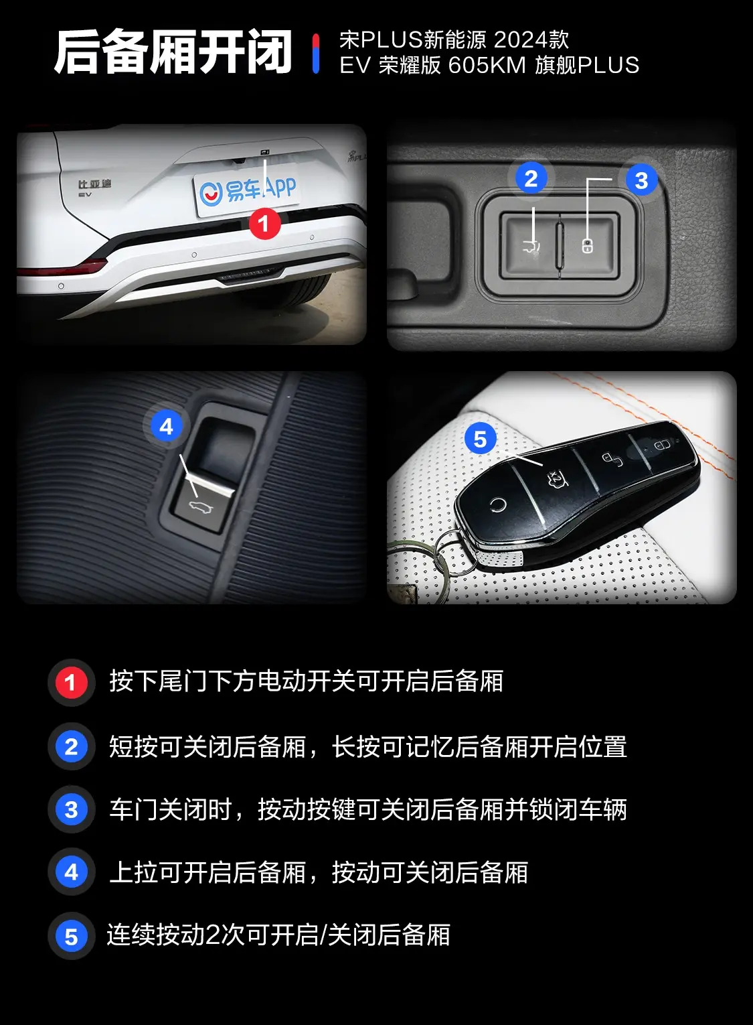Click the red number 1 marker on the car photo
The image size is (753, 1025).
point(264,223)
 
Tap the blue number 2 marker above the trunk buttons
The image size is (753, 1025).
point(531,179)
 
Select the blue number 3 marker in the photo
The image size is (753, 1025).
point(641,180)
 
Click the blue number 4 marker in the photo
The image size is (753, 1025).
point(167,427)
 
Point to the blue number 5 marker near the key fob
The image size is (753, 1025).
point(480,439)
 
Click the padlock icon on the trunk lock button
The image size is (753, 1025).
point(588,246)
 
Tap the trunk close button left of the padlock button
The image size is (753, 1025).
point(531,245)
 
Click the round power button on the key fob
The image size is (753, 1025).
point(497,504)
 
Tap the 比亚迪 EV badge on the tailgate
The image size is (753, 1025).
point(94,187)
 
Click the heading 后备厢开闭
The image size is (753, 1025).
point(173,52)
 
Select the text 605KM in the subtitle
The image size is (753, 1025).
point(487,66)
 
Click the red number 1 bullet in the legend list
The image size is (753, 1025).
point(71,683)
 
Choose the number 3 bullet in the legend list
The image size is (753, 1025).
point(71,810)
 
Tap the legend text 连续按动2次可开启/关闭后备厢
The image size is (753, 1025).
point(278,935)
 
